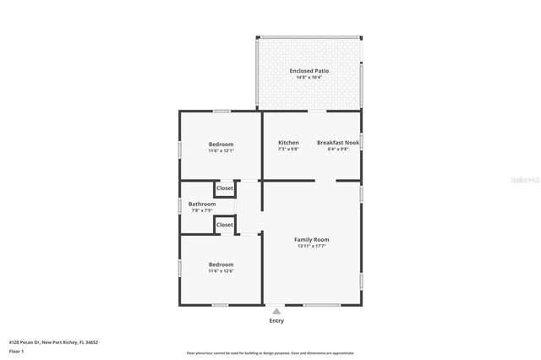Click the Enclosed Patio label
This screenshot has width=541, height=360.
tap(309, 71)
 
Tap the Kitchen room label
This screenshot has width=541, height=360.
tap(288, 143)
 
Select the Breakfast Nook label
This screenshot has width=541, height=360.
tap(338, 143)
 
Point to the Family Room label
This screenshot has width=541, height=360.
tap(311, 240)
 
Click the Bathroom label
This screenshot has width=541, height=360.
tap(202, 205)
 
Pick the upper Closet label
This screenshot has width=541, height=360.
tap(225, 188)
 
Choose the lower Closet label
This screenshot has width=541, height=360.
tap(225, 225)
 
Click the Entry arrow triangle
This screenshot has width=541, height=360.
tap(276, 311)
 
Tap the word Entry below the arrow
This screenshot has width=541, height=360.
tap(276, 321)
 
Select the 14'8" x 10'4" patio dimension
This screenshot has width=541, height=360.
tap(309, 78)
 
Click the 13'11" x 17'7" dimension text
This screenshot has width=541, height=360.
tap(311, 247)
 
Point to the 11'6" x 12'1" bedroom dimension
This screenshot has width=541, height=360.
tap(221, 151)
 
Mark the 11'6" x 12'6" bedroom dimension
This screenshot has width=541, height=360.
tap(221, 271)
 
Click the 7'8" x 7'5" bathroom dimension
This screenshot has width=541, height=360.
tap(202, 211)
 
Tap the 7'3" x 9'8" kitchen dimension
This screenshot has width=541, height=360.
tap(288, 150)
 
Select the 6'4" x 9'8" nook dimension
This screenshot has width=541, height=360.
tap(338, 150)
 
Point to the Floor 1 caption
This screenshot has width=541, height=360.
tap(16, 351)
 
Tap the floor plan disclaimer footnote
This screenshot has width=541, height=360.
tap(270, 353)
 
